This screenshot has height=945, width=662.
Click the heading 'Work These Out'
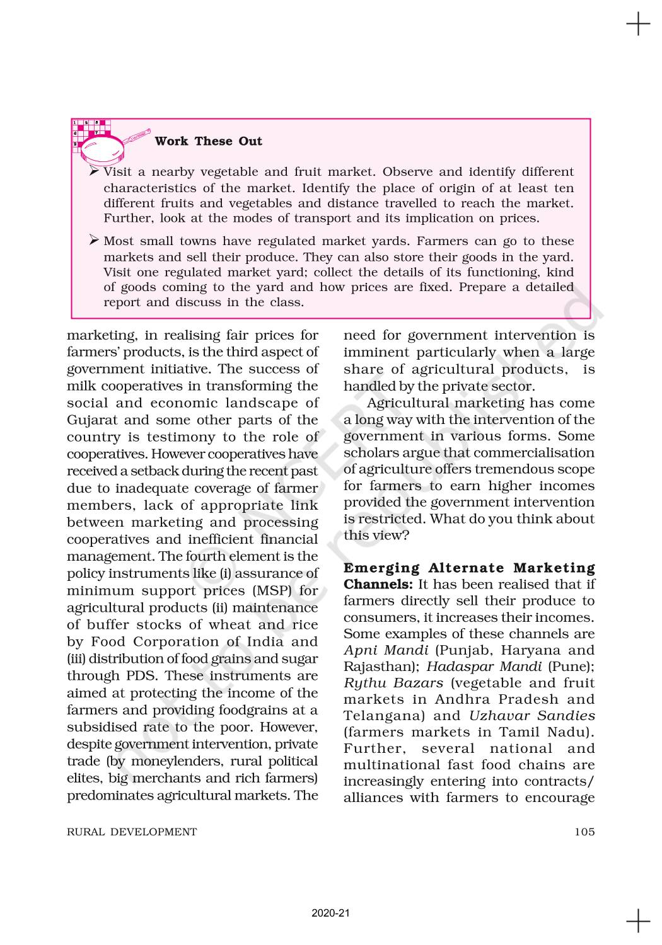[208, 141]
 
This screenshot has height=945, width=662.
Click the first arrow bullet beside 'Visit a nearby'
[95, 171]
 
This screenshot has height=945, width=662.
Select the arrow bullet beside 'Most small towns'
[95, 241]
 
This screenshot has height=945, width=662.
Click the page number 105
[584, 832]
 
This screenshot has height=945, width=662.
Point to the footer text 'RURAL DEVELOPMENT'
[132, 832]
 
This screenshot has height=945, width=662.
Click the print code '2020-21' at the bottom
[330, 913]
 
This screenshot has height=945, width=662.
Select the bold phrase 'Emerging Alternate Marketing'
[469, 568]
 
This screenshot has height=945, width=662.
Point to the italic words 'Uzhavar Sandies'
[531, 716]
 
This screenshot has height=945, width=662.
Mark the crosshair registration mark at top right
[638, 25]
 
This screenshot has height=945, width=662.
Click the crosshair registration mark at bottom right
[638, 920]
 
